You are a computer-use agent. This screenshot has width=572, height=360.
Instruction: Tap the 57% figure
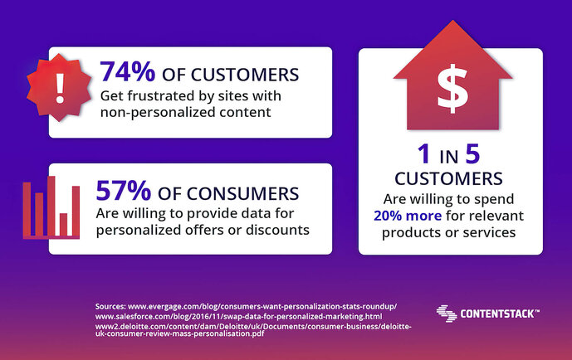pos(124,192)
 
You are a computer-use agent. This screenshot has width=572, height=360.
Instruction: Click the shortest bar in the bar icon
pos(63,225)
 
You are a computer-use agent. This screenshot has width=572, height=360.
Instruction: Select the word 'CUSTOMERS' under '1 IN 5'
pos(450,178)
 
